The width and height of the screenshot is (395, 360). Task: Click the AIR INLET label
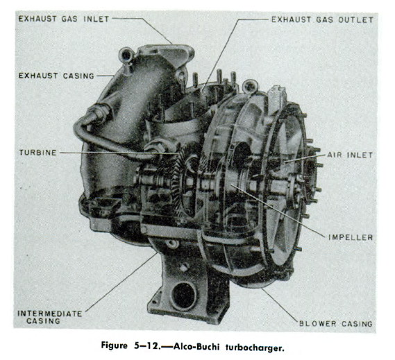[x=351, y=155]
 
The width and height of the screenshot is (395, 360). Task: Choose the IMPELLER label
[x=351, y=238]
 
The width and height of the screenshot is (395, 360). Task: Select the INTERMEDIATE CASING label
[x=48, y=317]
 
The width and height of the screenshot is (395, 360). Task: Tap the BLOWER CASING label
[x=336, y=324]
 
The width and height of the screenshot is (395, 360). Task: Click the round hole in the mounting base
[x=185, y=294]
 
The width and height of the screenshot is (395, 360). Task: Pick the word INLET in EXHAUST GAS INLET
[x=94, y=20]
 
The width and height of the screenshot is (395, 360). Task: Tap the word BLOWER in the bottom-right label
[x=319, y=324]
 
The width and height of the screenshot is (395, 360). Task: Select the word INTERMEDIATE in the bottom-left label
[x=48, y=313]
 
